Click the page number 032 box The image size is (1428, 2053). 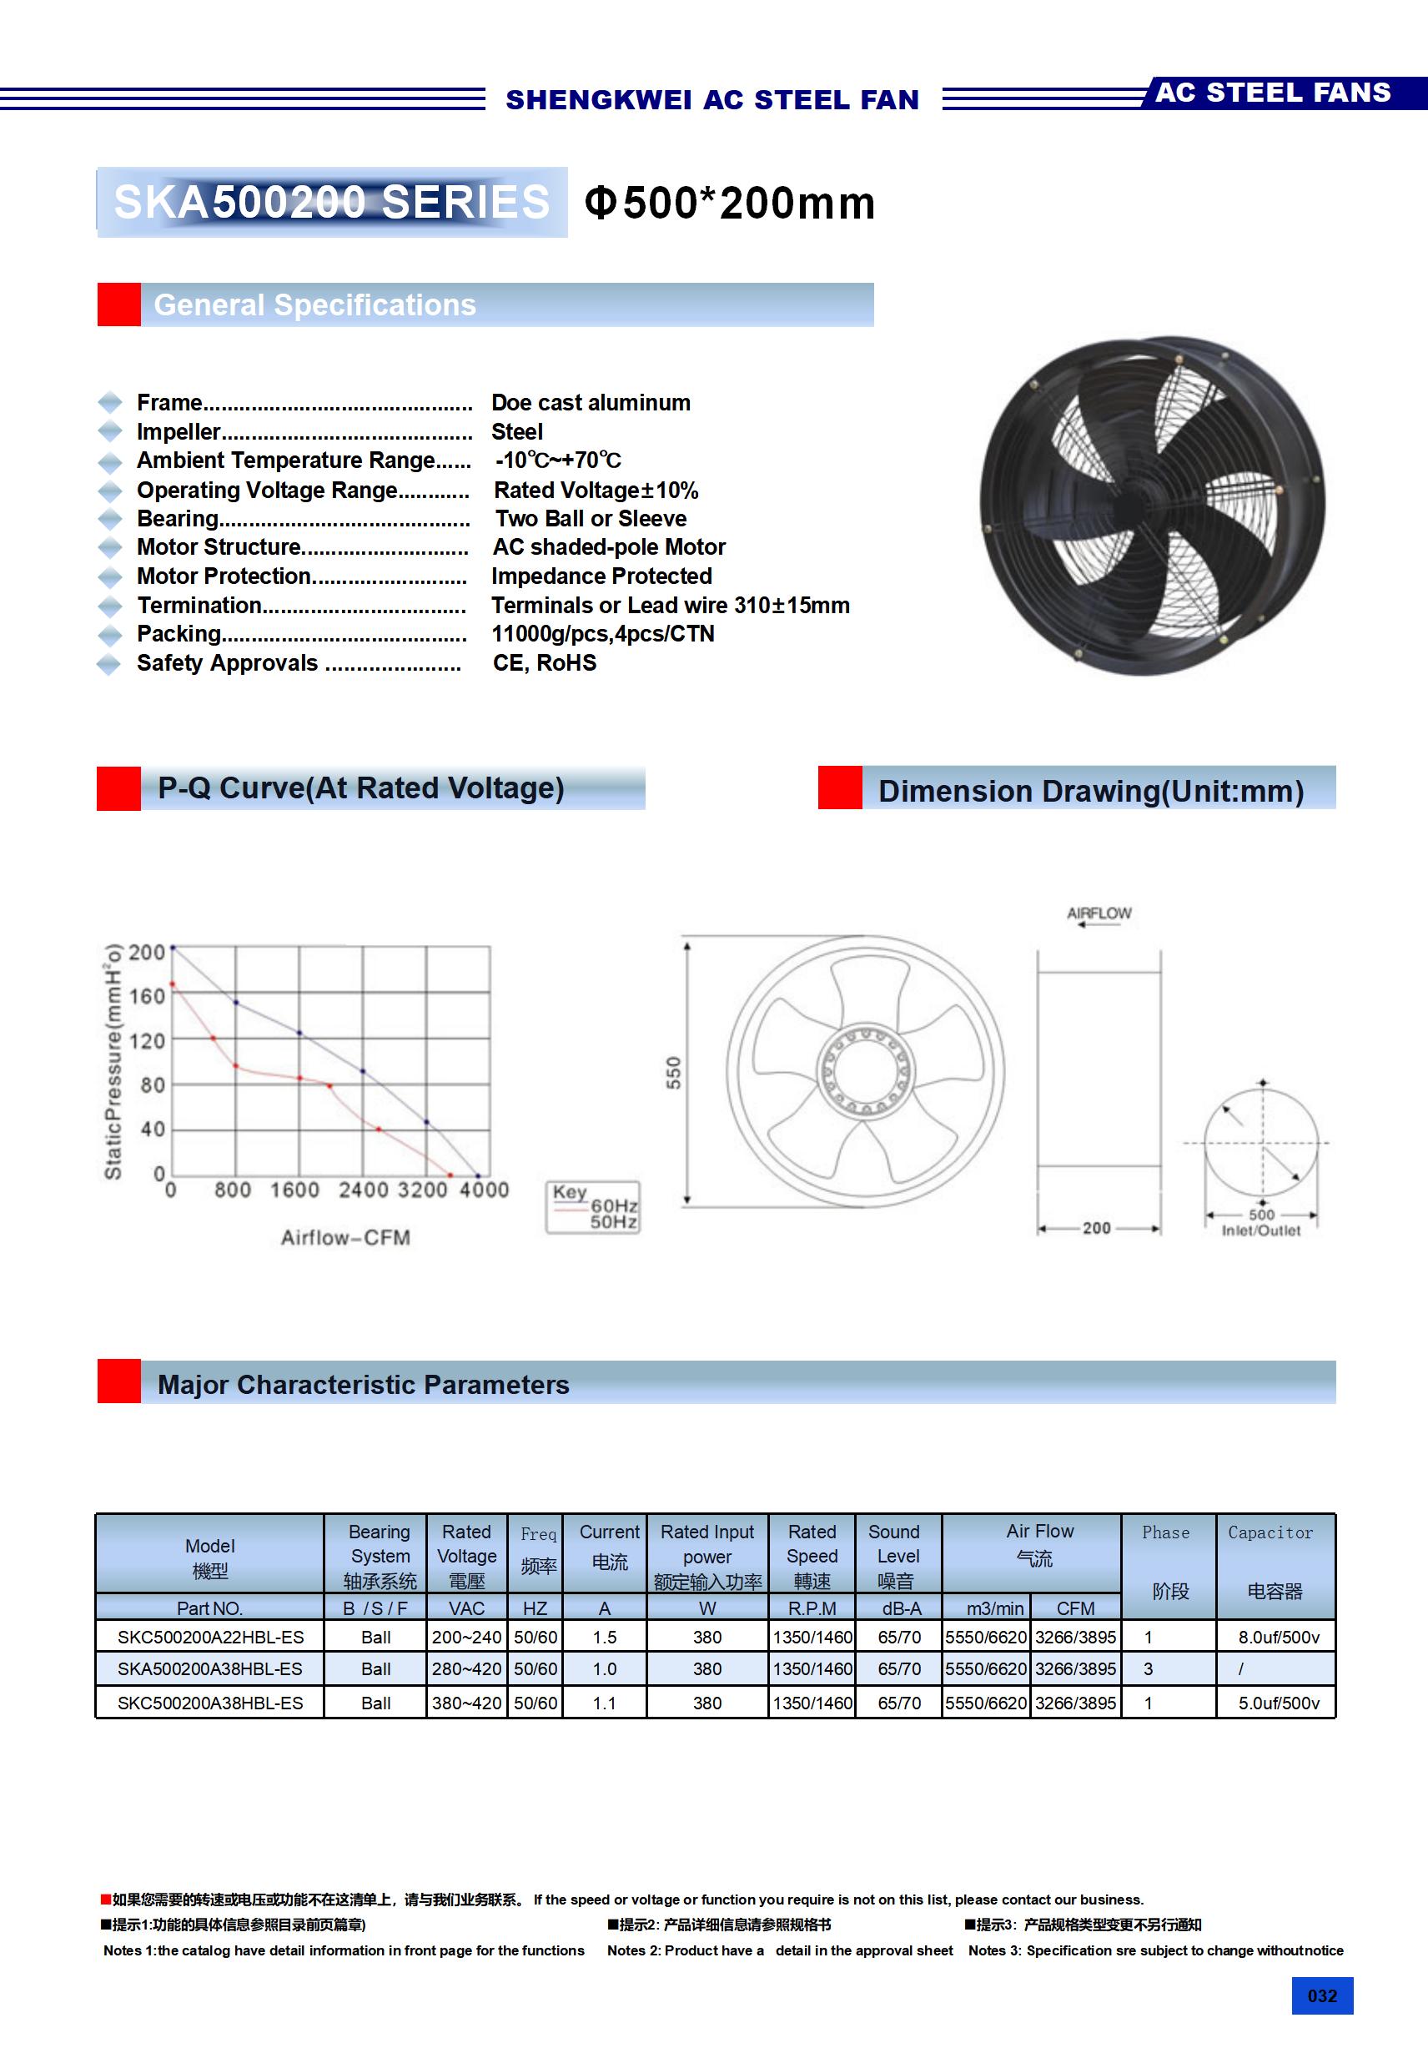point(1321,1995)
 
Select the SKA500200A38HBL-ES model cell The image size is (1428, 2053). point(210,1668)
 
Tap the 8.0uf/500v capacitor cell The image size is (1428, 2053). point(1278,1638)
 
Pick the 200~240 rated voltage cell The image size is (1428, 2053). point(466,1638)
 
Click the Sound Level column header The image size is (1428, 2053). point(897,1556)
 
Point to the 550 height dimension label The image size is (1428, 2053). point(673,1072)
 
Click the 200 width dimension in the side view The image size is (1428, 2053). point(1096,1228)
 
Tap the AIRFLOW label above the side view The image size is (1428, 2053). point(1099,913)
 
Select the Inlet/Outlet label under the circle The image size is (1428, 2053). point(1261,1231)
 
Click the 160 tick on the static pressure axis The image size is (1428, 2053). point(147,996)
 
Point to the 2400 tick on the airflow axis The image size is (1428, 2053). point(363,1190)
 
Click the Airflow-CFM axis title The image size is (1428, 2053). point(345,1237)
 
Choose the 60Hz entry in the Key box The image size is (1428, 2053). point(613,1205)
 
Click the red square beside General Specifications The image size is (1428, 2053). point(119,305)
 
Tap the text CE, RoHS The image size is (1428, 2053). point(545,662)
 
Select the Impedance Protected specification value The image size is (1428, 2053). point(601,576)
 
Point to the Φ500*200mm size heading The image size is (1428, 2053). point(730,203)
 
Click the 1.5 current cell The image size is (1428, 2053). point(605,1638)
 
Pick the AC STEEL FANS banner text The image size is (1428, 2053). point(1272,93)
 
